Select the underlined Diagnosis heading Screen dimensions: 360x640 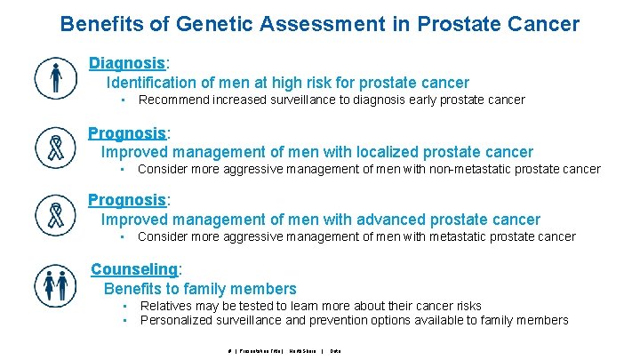127,63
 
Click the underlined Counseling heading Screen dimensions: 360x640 135,269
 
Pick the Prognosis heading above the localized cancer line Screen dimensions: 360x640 127,133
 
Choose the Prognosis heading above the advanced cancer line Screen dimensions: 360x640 127,201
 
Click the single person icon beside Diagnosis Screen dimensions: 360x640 55,78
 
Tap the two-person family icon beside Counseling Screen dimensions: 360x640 55,284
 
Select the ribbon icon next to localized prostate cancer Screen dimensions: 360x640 55,147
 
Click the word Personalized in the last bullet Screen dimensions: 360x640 176,320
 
